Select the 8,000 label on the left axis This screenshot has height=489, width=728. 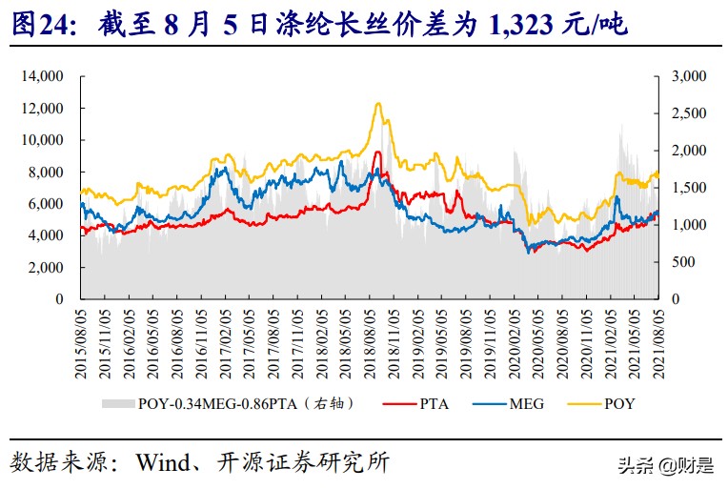(48, 172)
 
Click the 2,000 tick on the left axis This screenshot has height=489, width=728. (48, 268)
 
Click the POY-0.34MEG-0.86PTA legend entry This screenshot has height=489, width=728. (229, 404)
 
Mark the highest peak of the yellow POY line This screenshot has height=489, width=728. (379, 103)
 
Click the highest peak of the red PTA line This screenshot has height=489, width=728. (378, 152)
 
